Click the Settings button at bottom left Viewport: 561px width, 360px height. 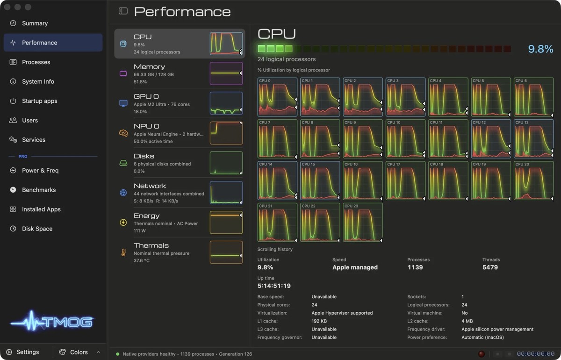pos(23,352)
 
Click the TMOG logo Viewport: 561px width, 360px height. pos(52,321)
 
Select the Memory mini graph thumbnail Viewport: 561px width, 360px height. pos(226,73)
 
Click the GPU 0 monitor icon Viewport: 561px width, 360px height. pos(123,103)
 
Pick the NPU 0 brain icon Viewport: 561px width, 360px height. pos(123,133)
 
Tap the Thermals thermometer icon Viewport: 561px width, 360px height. pos(123,252)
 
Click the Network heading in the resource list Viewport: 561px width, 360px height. pos(150,186)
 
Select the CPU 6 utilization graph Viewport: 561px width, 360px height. pos(534,97)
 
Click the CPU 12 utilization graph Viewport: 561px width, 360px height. pos(491,139)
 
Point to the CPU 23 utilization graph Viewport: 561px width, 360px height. pos(363,223)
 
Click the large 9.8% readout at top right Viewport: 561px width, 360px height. pos(541,49)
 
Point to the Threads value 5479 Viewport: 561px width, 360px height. pos(490,267)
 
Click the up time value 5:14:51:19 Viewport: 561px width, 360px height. pos(274,286)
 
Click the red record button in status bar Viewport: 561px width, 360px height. pos(481,354)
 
